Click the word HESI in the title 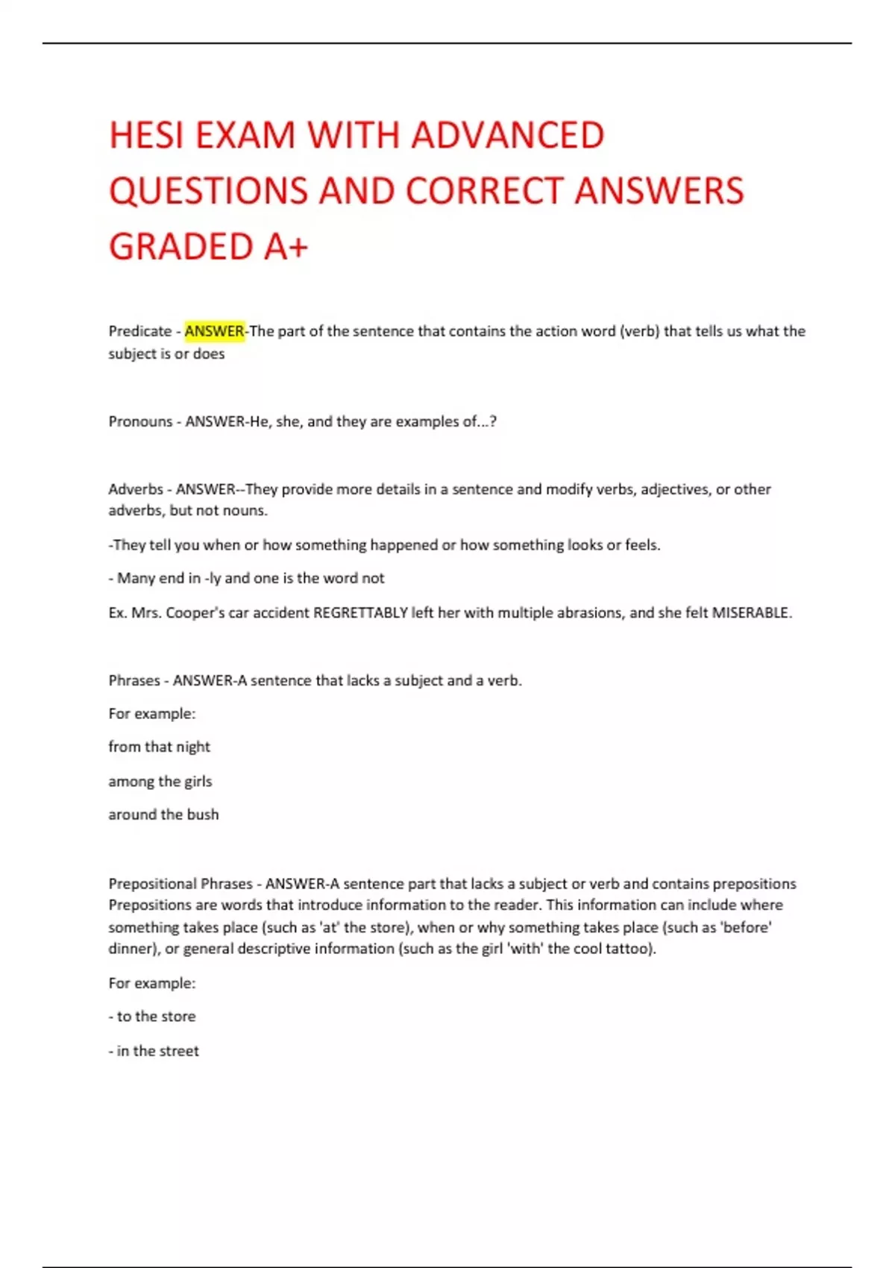[146, 136]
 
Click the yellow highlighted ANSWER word [215, 331]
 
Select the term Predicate [140, 331]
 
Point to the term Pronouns [140, 421]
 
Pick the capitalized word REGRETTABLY [360, 613]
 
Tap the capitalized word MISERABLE [750, 613]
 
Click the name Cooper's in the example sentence [195, 613]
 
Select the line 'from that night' [160, 747]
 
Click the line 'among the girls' [160, 781]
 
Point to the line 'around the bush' [163, 815]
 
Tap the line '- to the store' [152, 1017]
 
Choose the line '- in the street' [154, 1051]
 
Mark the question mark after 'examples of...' [493, 421]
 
